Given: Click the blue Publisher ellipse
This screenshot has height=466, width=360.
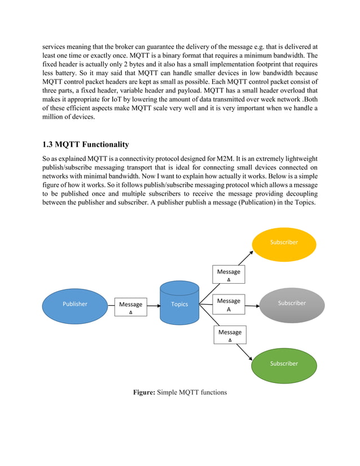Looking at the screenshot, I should pos(75,304).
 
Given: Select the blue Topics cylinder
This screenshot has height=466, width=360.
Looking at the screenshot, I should pos(179,304).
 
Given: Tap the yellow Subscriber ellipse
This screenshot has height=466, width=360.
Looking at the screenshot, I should pos(284,242).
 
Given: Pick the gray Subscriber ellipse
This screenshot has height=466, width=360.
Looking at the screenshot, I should pos(292,303).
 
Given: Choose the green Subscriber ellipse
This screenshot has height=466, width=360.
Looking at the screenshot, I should pos(284,363).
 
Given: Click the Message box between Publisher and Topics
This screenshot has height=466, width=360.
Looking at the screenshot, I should pos(131,307).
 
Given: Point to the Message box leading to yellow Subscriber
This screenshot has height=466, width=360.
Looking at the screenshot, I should pos(229,274).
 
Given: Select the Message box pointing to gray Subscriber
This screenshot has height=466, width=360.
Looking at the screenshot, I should pos(229,305).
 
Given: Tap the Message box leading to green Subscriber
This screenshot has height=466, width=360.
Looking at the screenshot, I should pos(230,335).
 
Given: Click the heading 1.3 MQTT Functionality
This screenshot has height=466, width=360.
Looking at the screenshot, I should pos(85,144).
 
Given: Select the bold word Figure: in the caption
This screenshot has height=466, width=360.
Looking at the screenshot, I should pos(143,392).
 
